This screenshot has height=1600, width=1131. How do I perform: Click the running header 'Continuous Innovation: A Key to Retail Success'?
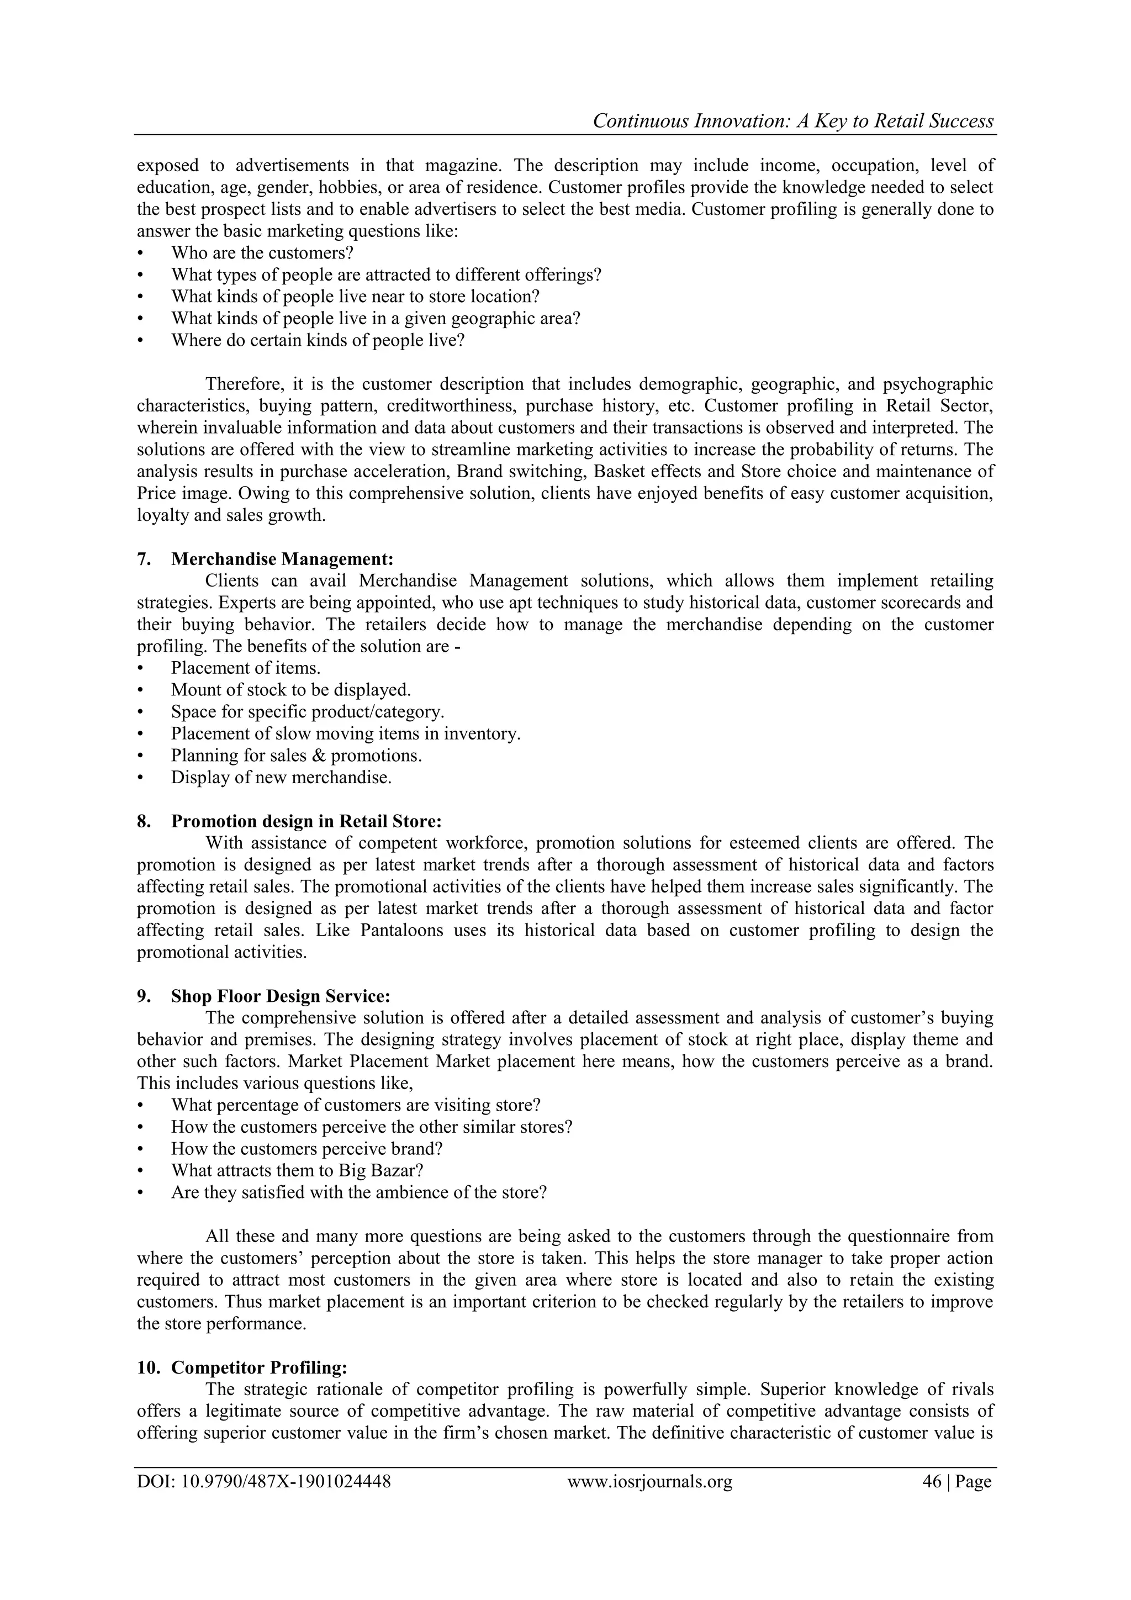click(792, 122)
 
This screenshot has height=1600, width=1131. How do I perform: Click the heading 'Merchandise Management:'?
click(282, 559)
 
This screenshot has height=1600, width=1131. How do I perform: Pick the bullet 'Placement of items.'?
click(245, 668)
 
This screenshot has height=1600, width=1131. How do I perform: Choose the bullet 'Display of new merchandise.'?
click(281, 777)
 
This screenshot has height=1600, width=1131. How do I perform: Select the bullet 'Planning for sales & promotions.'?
click(296, 756)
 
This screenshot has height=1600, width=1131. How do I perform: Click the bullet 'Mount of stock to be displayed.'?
click(290, 690)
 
